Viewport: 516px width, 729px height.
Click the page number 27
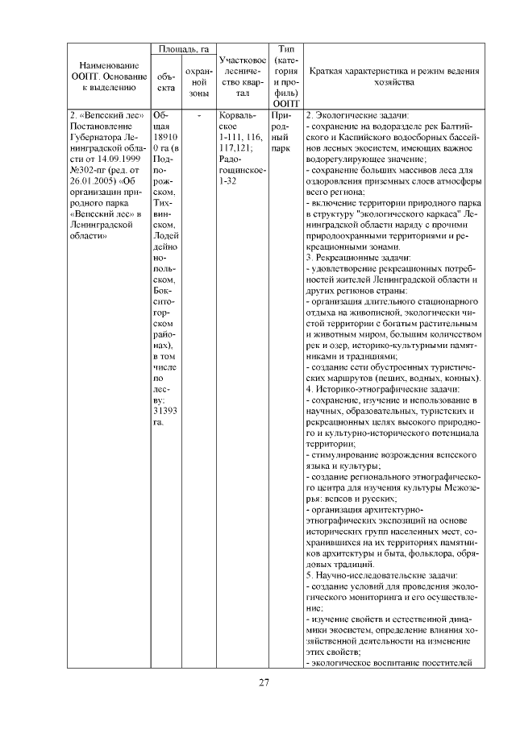click(x=263, y=684)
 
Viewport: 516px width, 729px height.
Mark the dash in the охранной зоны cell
click(x=198, y=115)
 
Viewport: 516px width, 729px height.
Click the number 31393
click(x=164, y=410)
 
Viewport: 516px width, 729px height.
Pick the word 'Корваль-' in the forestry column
click(x=239, y=115)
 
